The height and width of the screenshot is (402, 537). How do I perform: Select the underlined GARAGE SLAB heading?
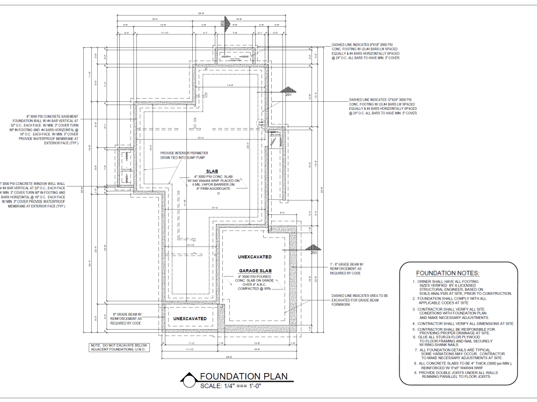point(256,271)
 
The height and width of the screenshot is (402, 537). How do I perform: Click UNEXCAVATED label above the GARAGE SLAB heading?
point(256,257)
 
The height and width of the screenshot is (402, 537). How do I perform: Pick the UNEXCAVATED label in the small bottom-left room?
point(190,318)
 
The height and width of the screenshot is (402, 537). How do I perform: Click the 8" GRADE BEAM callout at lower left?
point(127,319)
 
